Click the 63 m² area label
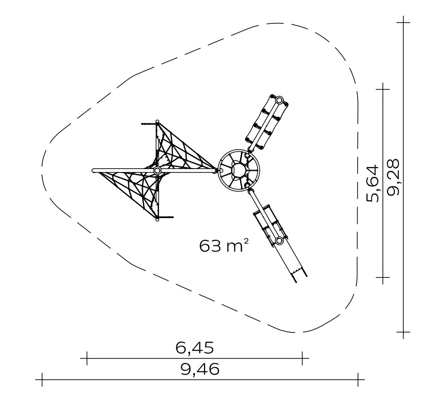pyautogui.click(x=223, y=246)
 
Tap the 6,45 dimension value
pyautogui.click(x=195, y=347)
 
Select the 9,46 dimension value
pyautogui.click(x=200, y=369)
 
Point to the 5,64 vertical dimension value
pyautogui.click(x=373, y=183)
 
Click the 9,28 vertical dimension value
pyautogui.click(x=393, y=177)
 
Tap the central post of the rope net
pyautogui.click(x=157, y=170)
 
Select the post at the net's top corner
pyautogui.click(x=157, y=121)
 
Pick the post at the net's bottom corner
pyautogui.click(x=157, y=219)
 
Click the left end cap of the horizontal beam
pyautogui.click(x=94, y=170)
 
